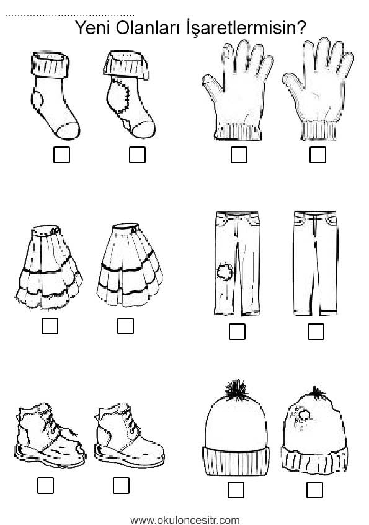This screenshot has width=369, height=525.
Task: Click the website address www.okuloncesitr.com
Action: (x=185, y=520)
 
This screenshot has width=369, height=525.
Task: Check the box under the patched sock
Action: (x=137, y=155)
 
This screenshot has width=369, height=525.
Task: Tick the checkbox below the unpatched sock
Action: (x=61, y=155)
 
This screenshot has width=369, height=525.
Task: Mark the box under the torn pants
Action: (x=237, y=331)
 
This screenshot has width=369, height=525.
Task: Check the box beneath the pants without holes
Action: (x=316, y=331)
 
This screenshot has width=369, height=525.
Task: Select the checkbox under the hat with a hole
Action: (x=314, y=490)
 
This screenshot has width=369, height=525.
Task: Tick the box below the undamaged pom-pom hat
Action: (x=236, y=490)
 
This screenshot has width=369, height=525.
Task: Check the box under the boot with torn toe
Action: (x=45, y=485)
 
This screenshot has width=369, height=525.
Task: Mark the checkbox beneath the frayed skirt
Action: (x=50, y=326)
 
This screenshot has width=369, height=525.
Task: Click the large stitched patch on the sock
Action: (x=120, y=96)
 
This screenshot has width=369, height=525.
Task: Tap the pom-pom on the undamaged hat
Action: (x=237, y=389)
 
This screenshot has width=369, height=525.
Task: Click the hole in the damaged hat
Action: (x=305, y=415)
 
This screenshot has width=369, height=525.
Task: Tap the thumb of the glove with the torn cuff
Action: (x=213, y=84)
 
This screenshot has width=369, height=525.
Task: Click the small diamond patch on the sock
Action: (x=127, y=125)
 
